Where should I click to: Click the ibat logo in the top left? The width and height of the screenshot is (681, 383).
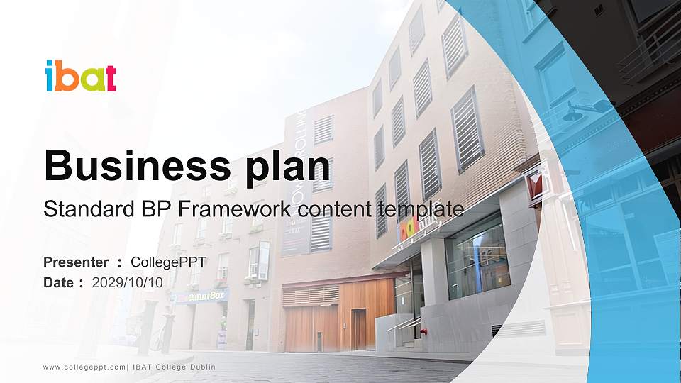tap(80, 77)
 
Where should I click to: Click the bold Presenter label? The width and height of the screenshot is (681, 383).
tap(76, 262)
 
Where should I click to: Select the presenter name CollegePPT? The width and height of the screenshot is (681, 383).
tap(168, 262)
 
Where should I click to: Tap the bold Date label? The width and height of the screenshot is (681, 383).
tap(59, 282)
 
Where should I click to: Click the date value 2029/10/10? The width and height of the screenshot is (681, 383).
tap(128, 282)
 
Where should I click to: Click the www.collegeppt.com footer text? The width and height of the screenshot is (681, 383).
tap(84, 367)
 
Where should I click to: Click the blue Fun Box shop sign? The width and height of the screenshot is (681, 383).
tap(201, 295)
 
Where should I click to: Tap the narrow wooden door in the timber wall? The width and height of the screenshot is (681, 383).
tap(358, 328)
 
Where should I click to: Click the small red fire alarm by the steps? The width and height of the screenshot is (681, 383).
tap(423, 331)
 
